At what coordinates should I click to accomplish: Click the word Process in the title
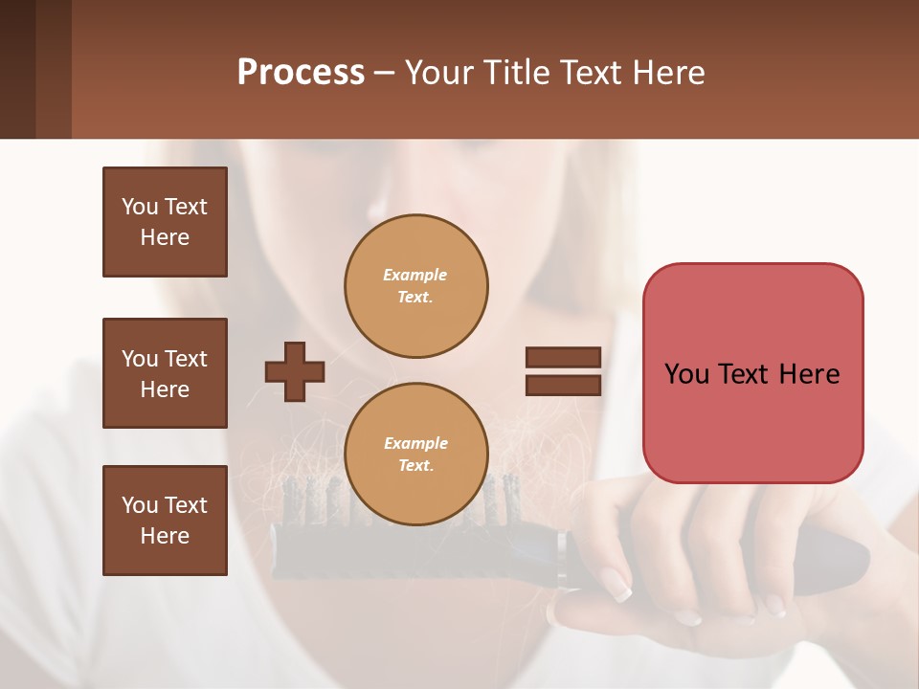point(301,73)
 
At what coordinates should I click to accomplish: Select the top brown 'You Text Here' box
point(165,222)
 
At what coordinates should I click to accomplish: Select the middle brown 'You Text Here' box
point(165,373)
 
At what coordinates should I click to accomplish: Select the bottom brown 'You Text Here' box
point(165,520)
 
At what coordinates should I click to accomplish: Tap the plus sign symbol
point(294,371)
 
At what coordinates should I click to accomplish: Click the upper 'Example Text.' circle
point(415,286)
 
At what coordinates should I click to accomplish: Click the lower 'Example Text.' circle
point(415,455)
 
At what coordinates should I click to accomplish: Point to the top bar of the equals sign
point(563,358)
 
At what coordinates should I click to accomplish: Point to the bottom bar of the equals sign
point(563,385)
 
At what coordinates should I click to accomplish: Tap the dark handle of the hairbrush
point(823,549)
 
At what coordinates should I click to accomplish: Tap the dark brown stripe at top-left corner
point(17,69)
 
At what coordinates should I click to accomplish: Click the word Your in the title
point(438,73)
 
